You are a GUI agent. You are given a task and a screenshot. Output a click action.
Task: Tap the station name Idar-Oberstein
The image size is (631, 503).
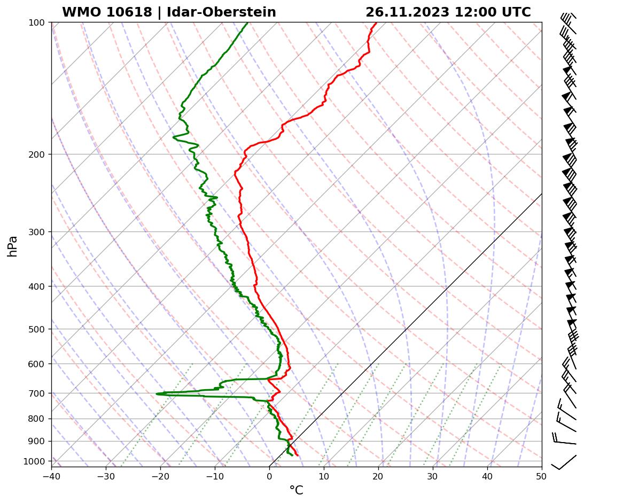221,12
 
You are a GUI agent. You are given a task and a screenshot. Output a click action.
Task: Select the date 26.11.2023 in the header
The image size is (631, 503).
407,12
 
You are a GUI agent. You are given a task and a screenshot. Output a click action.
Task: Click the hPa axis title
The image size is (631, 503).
13,246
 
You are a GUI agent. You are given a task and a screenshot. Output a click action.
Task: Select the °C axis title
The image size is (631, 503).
296,490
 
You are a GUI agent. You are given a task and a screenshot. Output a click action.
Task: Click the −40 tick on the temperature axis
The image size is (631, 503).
51,475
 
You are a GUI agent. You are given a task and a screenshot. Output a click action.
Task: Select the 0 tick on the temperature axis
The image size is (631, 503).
269,475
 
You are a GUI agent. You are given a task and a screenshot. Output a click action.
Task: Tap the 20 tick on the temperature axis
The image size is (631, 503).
378,475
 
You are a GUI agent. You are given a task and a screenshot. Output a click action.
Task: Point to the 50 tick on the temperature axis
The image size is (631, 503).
541,475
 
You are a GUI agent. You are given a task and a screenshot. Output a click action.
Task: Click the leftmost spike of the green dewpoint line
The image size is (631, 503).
157,394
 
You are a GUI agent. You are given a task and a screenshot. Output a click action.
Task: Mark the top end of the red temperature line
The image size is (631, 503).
376,23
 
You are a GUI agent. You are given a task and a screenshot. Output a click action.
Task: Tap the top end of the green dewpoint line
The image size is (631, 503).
247,23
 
